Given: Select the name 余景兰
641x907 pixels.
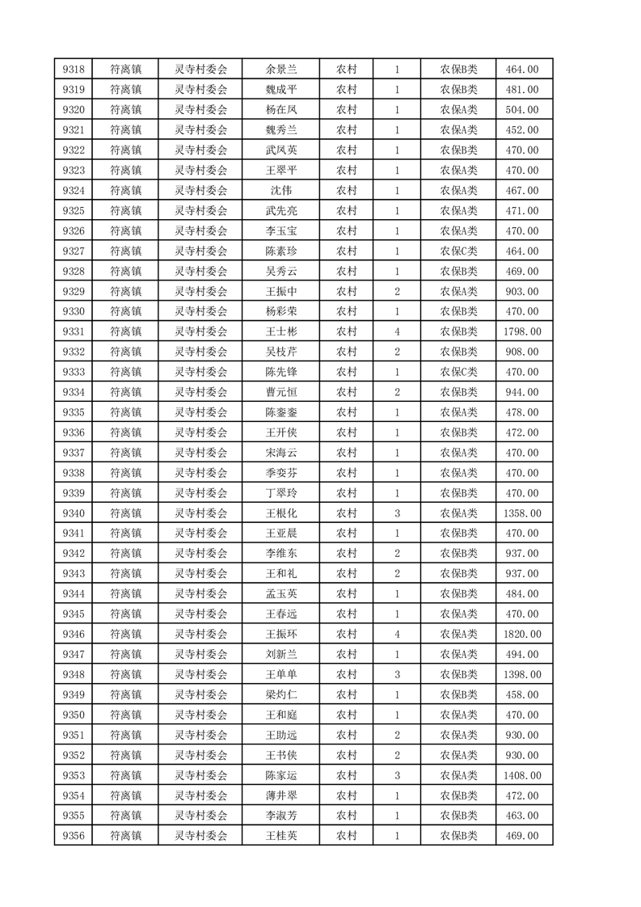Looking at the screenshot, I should (x=280, y=70).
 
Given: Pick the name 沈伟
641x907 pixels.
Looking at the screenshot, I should (x=280, y=191).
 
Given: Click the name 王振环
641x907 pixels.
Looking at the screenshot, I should (x=280, y=635).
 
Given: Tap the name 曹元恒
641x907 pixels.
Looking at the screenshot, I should (x=280, y=392).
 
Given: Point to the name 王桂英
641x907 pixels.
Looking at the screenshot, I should (x=280, y=836).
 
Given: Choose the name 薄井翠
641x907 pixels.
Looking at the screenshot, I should (x=280, y=795).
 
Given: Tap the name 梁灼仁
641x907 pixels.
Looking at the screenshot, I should (x=280, y=694).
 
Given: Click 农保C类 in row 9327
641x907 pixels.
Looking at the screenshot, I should (x=458, y=251).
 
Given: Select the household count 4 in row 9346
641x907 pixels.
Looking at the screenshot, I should (x=397, y=635).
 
